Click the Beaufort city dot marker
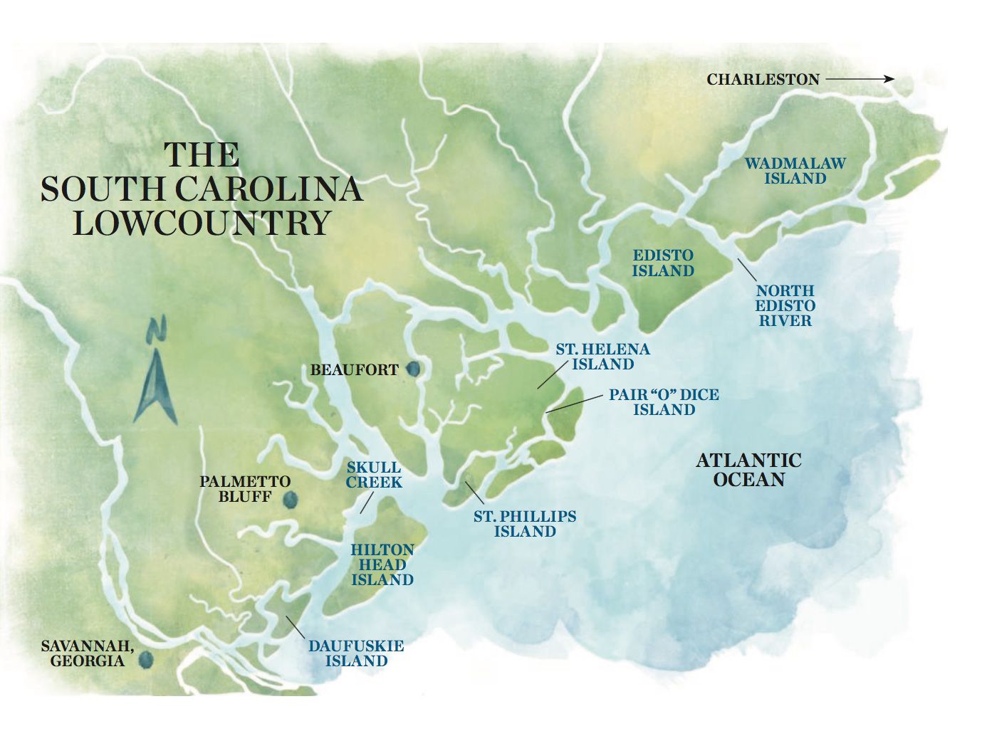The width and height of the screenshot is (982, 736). point(412,369)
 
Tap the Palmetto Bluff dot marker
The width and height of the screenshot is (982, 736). point(289,500)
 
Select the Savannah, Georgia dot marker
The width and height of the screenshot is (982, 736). point(146,661)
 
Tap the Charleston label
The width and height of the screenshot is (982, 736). point(763,79)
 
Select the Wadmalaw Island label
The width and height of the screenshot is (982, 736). point(795,171)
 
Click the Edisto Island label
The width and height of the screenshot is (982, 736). point(662,263)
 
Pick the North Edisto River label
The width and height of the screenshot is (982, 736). point(785,305)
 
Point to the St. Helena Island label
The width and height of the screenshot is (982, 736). point(602,357)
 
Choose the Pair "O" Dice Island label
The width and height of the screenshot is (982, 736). point(664,402)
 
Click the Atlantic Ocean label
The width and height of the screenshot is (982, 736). point(748,470)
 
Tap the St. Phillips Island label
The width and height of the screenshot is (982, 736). point(525,524)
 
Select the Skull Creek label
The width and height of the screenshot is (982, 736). point(374,475)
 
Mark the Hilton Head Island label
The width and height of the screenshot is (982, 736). point(382,564)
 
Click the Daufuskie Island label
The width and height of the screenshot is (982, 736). point(356,653)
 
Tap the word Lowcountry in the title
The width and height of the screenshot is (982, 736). point(202,223)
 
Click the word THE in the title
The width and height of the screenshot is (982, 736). point(202,155)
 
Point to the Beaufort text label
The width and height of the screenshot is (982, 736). point(354,370)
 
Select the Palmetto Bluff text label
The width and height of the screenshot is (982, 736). point(244,489)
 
